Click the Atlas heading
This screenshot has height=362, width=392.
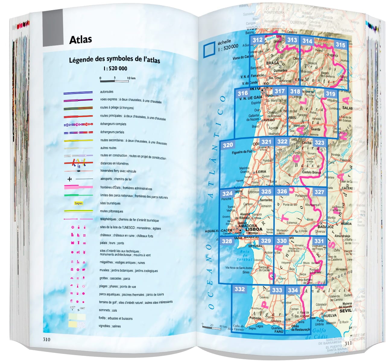point(81,40)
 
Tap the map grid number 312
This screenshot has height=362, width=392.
point(257,40)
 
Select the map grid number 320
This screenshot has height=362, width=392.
point(228,145)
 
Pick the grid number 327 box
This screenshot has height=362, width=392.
point(319,192)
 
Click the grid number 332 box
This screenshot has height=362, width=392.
point(239,289)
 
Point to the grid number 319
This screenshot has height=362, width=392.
point(330,94)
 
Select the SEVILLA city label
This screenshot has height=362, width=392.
point(346,310)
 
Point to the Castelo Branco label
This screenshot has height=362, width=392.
point(311,172)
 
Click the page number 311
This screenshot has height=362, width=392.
point(348,343)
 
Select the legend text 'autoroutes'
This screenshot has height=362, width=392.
point(107,92)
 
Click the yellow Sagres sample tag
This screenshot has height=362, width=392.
point(78,203)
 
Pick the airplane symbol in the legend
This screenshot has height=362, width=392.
point(70,179)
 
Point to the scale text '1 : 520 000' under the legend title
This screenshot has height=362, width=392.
point(115,68)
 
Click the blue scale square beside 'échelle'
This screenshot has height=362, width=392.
point(209,49)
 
